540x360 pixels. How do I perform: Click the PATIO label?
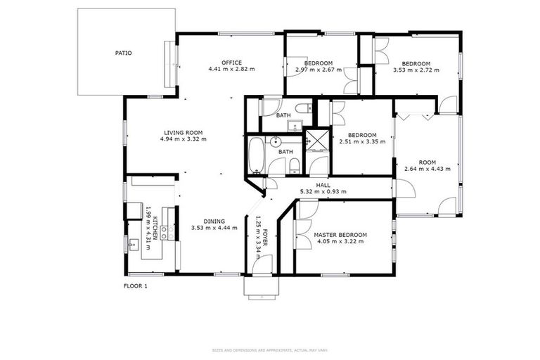coord(124,53)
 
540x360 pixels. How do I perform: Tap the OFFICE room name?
coord(231,63)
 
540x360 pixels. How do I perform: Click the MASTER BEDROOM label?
coord(340,234)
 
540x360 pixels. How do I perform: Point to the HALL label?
coord(323,185)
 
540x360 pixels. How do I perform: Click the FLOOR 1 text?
coord(135,286)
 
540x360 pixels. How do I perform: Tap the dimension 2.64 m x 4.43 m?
coord(427,168)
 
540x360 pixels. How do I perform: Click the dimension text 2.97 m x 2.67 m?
coord(319,70)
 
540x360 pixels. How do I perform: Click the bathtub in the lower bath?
coord(255,155)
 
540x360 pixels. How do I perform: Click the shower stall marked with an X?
coord(317,140)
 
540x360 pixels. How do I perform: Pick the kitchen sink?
coord(134,244)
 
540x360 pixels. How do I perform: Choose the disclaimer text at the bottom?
coord(270,349)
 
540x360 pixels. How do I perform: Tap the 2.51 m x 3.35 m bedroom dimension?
coord(363,141)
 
